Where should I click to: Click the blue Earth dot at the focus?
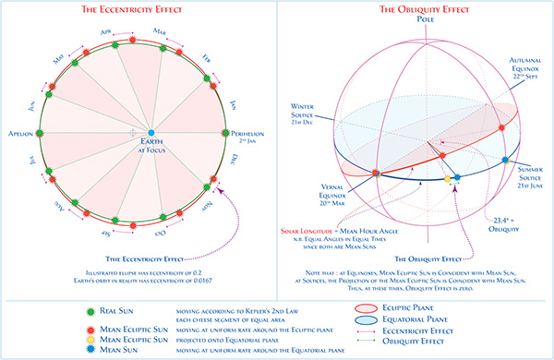coord(151,134)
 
